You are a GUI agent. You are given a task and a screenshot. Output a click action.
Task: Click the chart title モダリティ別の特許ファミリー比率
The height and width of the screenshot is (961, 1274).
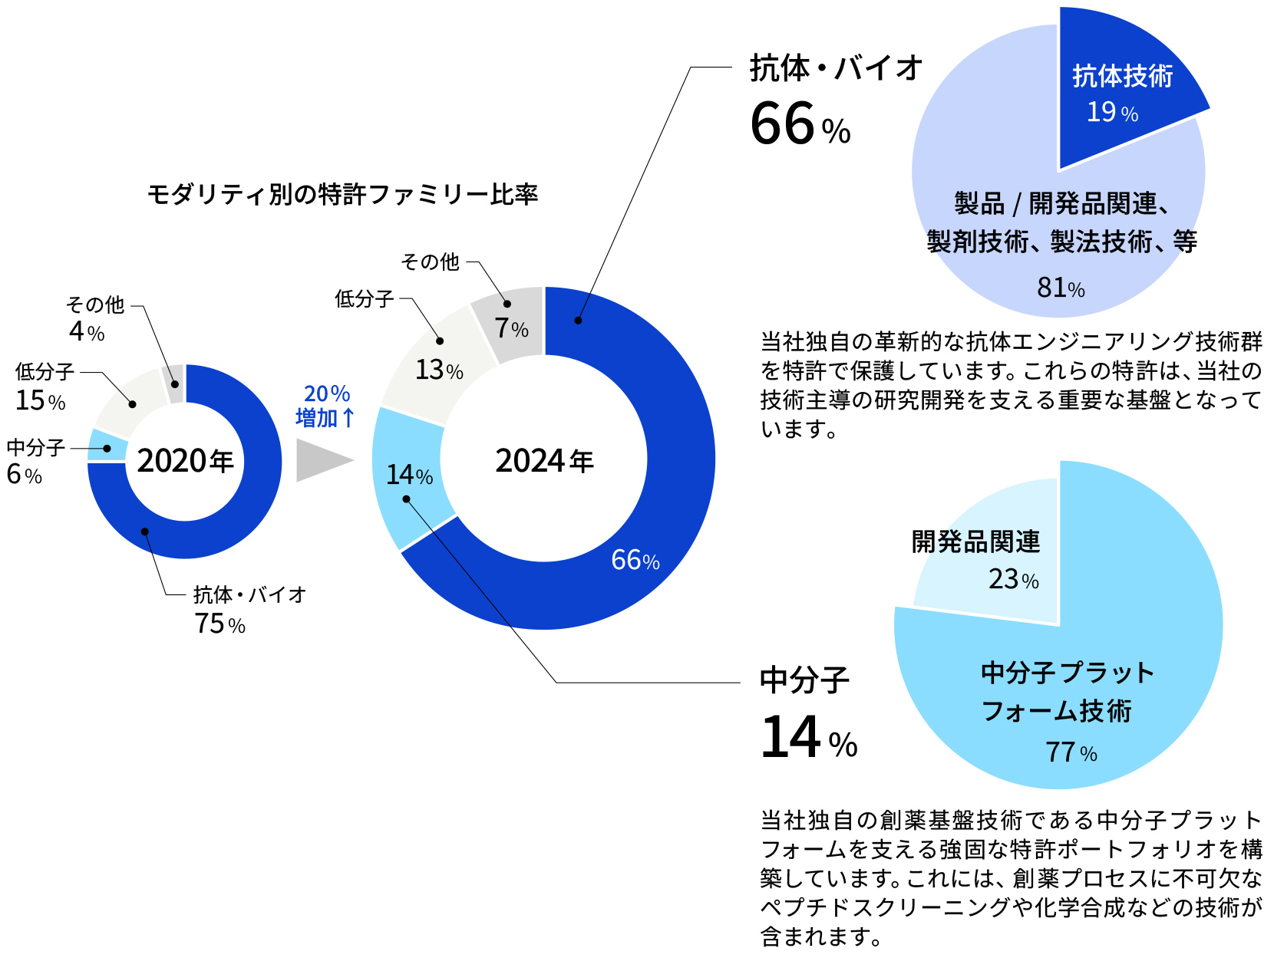(342, 194)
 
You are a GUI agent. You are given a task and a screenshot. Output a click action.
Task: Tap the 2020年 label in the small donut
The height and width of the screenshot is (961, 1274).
(185, 461)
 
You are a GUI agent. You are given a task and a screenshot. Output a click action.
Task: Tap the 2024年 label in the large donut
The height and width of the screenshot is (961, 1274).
(544, 461)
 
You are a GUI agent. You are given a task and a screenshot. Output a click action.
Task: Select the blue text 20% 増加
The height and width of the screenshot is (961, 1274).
(325, 406)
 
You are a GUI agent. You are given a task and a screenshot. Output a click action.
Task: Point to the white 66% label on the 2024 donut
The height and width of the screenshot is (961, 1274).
(635, 560)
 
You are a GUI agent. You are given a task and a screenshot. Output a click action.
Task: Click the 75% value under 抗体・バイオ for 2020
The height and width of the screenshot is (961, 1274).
(219, 624)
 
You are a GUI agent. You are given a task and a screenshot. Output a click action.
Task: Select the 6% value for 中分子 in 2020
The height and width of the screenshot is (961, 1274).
(24, 475)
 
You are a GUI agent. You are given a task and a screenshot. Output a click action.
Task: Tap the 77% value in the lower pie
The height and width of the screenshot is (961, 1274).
(1071, 752)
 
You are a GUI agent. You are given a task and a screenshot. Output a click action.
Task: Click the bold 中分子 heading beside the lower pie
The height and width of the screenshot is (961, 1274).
(804, 680)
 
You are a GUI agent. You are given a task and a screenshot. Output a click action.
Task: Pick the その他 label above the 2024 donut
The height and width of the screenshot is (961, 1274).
(430, 262)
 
